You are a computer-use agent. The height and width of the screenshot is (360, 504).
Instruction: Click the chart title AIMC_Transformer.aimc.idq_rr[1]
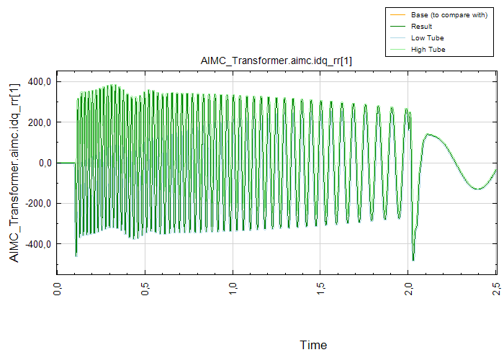pyautogui.click(x=276, y=62)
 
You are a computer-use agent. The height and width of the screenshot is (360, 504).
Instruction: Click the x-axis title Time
pyautogui.click(x=313, y=345)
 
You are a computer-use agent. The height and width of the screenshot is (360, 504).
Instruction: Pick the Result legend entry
pyautogui.click(x=421, y=27)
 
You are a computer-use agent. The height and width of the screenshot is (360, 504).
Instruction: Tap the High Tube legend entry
pyautogui.click(x=427, y=50)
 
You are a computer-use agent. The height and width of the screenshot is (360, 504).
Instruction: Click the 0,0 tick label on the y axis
pyautogui.click(x=42, y=163)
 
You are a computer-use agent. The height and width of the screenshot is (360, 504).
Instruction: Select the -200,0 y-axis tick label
pyautogui.click(x=37, y=203)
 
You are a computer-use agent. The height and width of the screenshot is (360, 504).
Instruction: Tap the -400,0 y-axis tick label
pyautogui.click(x=37, y=244)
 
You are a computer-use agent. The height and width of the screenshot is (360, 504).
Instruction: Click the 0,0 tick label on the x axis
pyautogui.click(x=58, y=289)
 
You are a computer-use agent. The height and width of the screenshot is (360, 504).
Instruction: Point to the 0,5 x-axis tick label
pyautogui.click(x=145, y=289)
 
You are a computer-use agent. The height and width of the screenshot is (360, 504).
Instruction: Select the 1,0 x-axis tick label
pyautogui.click(x=233, y=289)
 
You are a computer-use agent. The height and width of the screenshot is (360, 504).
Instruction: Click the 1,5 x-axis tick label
pyautogui.click(x=321, y=289)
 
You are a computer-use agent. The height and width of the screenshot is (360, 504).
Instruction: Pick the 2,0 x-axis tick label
pyautogui.click(x=409, y=289)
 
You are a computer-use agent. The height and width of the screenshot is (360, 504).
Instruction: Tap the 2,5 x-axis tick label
pyautogui.click(x=496, y=289)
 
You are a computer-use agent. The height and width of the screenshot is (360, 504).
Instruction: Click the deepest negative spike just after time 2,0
pyautogui.click(x=413, y=260)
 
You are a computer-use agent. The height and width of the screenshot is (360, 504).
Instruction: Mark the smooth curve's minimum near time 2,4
pyautogui.click(x=477, y=189)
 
